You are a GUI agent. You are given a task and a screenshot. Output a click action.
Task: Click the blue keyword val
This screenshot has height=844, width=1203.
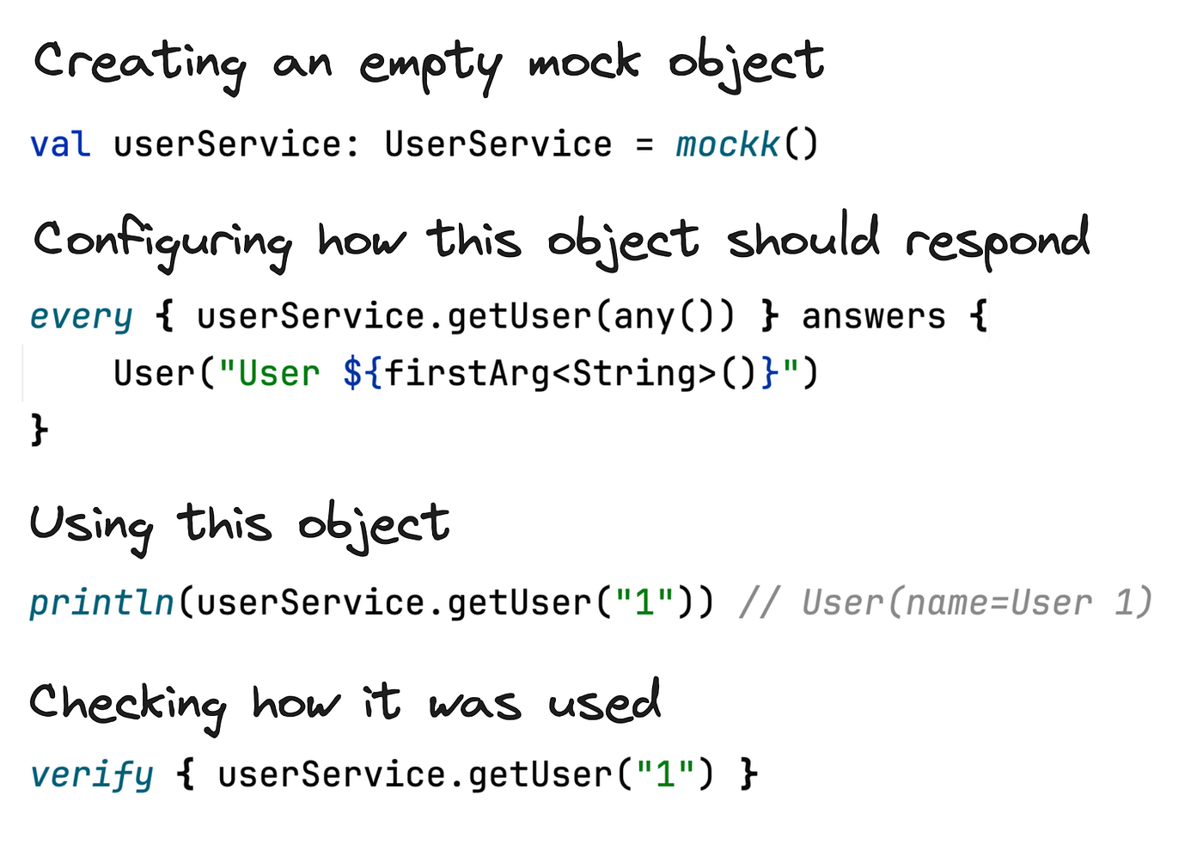pos(60,144)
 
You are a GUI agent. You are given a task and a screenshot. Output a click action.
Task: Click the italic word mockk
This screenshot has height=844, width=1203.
pos(728,144)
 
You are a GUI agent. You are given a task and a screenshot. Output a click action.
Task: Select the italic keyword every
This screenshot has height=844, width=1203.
pos(81,317)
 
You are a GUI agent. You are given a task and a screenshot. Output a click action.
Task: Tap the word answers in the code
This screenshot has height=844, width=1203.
pos(874,316)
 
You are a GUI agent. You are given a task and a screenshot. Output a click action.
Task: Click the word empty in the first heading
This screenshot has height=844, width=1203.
pos(431,67)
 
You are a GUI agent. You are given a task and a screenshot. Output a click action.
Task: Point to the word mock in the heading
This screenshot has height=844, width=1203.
pos(584,62)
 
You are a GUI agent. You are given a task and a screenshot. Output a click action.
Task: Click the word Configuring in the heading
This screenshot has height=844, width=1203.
pos(162,244)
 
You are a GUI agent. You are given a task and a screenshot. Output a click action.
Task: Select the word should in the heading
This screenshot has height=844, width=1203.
pos(803,236)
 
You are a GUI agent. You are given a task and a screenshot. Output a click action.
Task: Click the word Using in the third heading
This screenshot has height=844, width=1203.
pos(91,529)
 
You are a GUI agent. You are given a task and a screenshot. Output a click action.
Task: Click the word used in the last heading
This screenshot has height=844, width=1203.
pos(604,700)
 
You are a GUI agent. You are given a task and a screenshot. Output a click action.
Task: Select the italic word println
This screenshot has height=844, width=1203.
pos(101,602)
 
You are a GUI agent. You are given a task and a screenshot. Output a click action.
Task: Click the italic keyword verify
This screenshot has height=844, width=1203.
pos(92,775)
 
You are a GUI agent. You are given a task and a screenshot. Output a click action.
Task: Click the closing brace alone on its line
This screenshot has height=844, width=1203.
pos(40,429)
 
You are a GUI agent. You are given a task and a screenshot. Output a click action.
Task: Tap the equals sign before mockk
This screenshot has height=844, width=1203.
pos(644,144)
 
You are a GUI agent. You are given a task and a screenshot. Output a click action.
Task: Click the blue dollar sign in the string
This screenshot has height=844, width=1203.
pos(353,373)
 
